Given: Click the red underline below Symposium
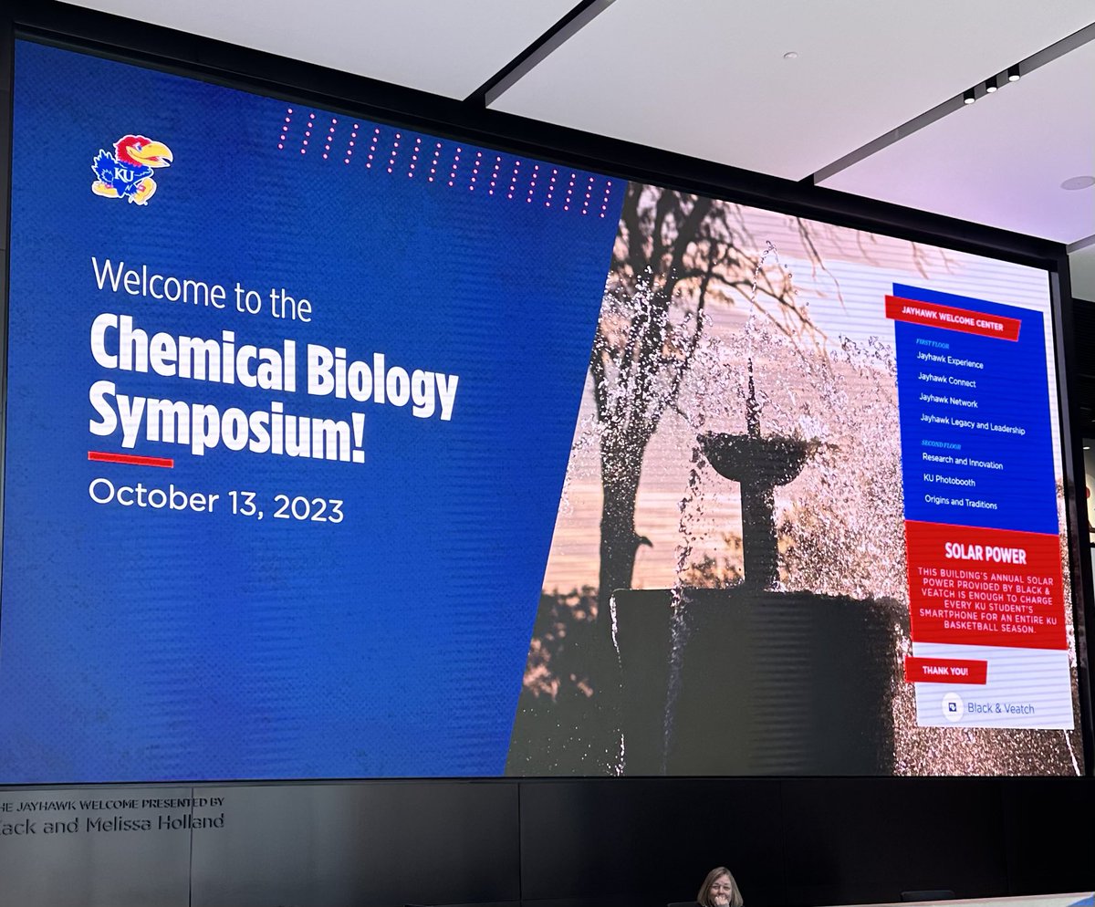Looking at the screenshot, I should click(x=130, y=459).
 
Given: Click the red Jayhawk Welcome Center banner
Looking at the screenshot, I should click(x=952, y=318).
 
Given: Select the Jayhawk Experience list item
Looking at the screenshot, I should click(x=950, y=362).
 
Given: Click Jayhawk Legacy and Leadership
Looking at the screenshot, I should click(x=972, y=424).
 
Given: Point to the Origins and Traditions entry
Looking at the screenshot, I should click(x=959, y=502).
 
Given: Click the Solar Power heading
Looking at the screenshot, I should click(x=985, y=554).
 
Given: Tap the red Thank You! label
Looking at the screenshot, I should click(x=945, y=672).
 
